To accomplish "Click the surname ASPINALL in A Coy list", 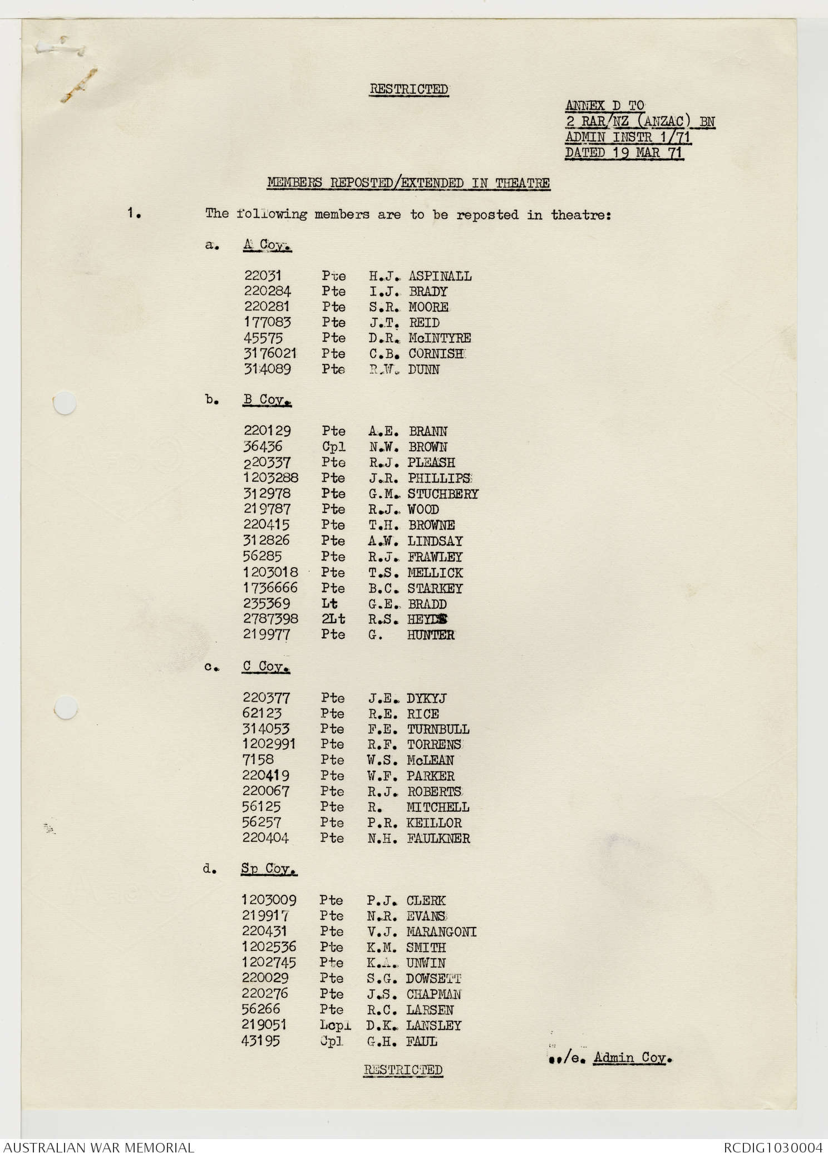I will click(440, 276).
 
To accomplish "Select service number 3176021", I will click(270, 353).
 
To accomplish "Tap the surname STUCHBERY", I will click(443, 494).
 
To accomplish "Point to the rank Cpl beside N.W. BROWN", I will click(333, 447).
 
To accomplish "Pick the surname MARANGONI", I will click(441, 932).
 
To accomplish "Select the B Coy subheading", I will click(267, 400).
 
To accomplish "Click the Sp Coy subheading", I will click(269, 869).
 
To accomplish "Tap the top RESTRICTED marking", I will click(409, 89).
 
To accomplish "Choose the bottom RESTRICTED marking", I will click(403, 1070).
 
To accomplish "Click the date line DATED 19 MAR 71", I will click(624, 152).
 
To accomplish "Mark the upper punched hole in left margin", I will click(64, 403).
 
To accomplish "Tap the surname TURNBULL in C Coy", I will click(438, 729).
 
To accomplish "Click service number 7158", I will click(258, 760).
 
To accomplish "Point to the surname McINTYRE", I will click(440, 338).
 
